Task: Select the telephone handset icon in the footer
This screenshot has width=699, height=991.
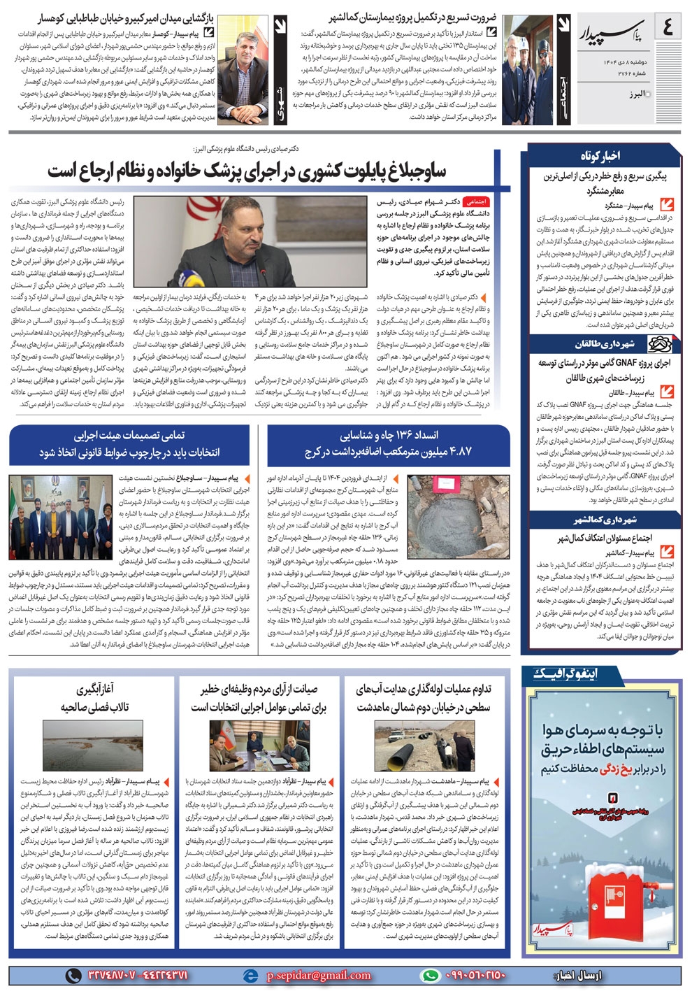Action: click(x=73, y=976)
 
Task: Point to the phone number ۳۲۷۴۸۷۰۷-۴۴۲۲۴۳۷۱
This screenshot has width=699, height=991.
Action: click(x=138, y=976)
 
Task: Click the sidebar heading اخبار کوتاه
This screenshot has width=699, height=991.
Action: click(x=600, y=155)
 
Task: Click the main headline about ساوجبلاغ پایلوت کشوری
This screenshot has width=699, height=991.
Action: click(x=246, y=171)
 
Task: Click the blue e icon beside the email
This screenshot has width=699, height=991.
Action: click(x=250, y=976)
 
